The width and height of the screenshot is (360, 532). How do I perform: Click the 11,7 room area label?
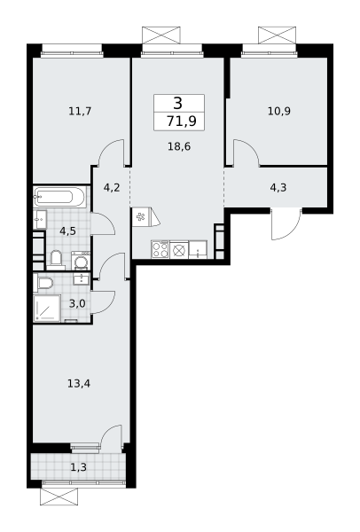(x=80, y=111)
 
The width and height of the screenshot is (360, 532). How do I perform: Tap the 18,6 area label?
(x=179, y=146)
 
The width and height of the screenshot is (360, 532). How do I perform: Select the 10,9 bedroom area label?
(x=279, y=111)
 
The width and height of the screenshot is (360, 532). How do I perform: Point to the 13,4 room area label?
(x=79, y=384)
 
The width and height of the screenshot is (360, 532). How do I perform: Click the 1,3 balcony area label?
(x=78, y=467)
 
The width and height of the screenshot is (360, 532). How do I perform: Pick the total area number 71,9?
(x=182, y=121)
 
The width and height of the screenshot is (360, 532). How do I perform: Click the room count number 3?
(x=178, y=103)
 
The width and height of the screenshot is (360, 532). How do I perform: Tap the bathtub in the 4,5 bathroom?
(x=59, y=197)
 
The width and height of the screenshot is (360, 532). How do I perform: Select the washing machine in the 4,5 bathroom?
(x=81, y=261)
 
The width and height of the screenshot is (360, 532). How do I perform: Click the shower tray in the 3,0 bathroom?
(x=47, y=308)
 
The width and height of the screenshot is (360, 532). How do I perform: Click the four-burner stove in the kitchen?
(x=160, y=250)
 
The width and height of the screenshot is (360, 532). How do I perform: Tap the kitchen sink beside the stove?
(x=198, y=250)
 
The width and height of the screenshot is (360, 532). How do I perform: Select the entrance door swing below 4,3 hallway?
(x=286, y=224)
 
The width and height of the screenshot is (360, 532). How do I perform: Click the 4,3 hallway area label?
(x=278, y=187)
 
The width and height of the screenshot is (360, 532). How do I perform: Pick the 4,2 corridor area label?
(x=112, y=187)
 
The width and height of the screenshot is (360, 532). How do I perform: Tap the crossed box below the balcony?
(x=59, y=497)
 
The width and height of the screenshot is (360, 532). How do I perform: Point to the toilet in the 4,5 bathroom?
(x=56, y=259)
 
